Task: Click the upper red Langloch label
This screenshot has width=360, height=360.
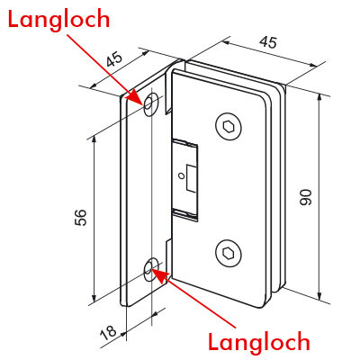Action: tap(58, 20)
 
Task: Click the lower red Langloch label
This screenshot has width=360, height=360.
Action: tap(259, 342)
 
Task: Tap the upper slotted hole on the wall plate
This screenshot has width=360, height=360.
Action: tap(151, 104)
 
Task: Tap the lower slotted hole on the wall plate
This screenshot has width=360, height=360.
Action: tap(151, 269)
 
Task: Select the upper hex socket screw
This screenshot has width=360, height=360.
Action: tap(229, 127)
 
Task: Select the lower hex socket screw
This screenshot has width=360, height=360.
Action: tap(229, 253)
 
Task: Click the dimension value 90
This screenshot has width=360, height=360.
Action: tap(306, 197)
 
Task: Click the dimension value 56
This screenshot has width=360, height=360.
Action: tap(80, 217)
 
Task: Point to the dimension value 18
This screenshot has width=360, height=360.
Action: tap(108, 332)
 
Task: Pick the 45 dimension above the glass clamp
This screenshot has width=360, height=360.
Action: tap(268, 42)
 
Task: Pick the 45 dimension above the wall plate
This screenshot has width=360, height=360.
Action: tap(114, 60)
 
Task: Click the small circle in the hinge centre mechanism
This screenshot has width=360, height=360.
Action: tap(180, 176)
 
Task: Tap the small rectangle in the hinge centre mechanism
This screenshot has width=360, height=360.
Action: tap(191, 178)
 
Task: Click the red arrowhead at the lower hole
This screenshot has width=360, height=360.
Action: tap(160, 275)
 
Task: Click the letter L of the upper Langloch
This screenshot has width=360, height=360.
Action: tap(13, 18)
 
